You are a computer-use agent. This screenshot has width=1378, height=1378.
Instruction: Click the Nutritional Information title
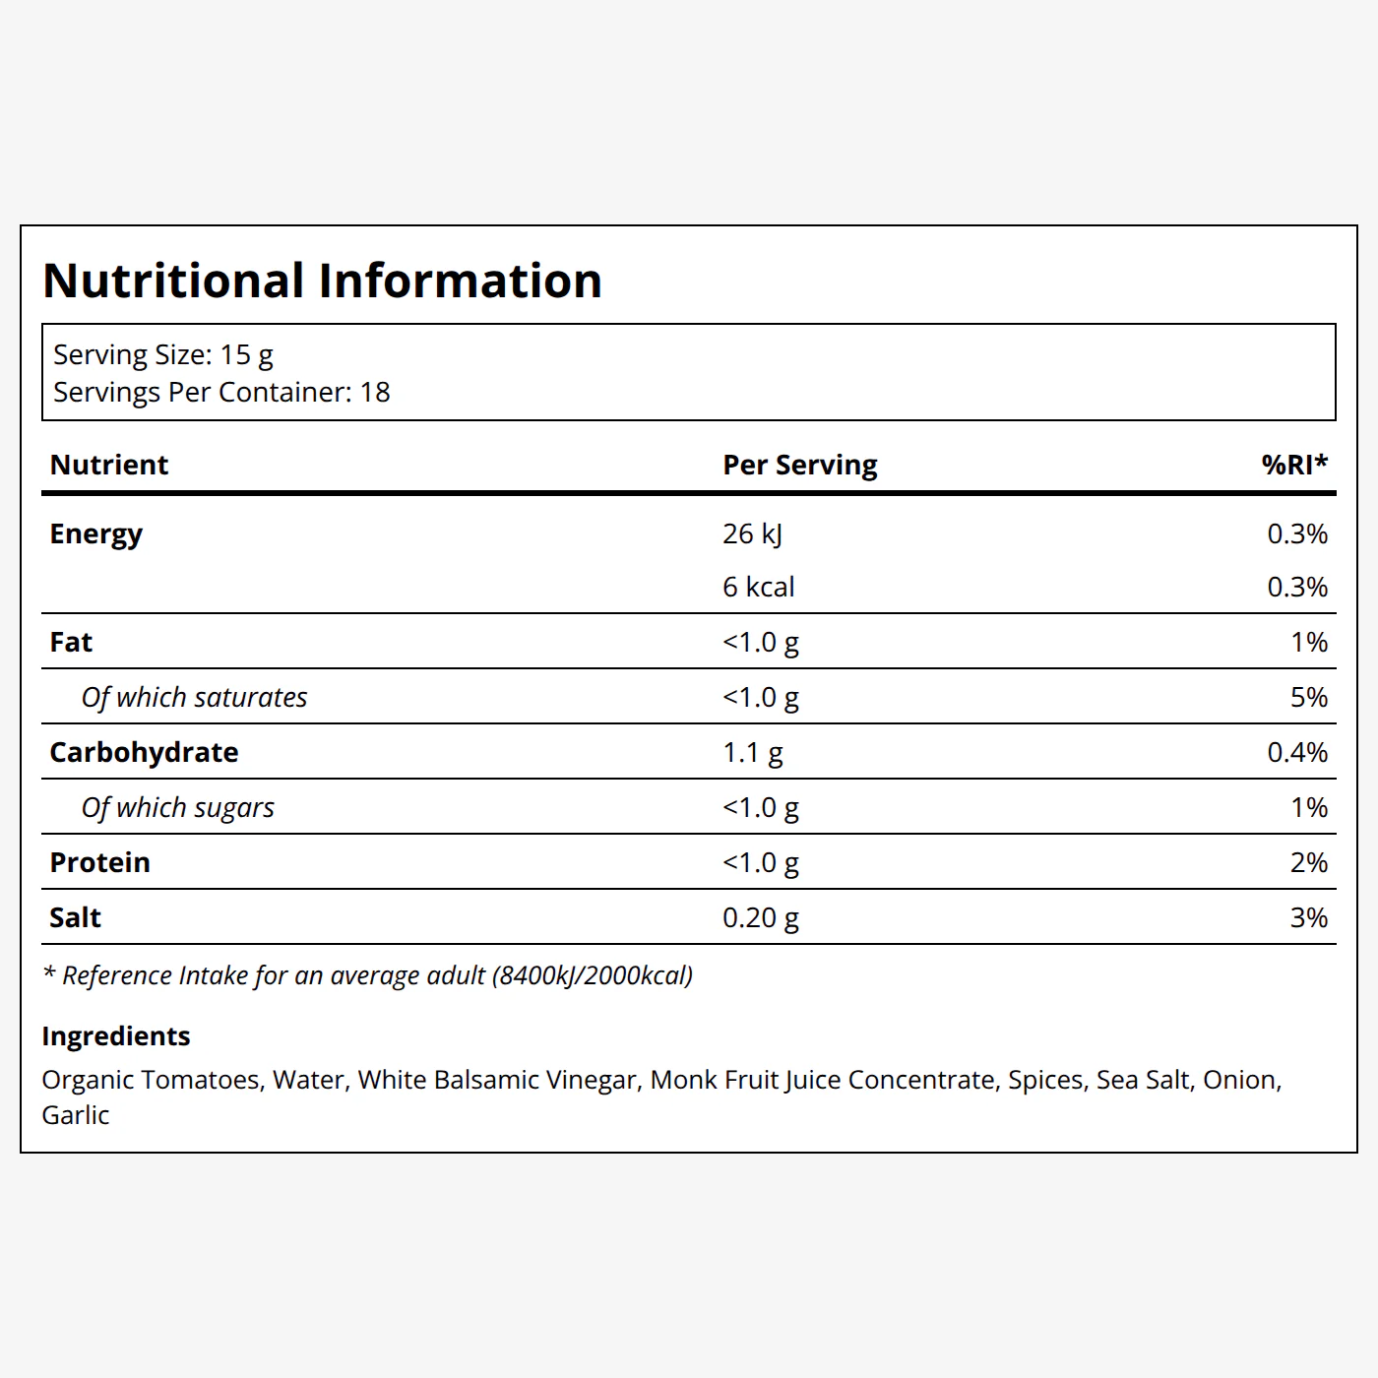(322, 280)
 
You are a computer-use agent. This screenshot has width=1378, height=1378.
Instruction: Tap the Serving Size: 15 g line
(163, 355)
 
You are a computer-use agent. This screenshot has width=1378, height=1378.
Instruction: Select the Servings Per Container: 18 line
(221, 393)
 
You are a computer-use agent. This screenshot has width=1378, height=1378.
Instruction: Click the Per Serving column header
(799, 466)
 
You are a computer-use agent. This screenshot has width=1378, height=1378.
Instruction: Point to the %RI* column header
(1294, 465)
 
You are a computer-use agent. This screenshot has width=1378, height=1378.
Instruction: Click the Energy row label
(95, 534)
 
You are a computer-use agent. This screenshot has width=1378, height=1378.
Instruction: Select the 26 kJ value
(752, 534)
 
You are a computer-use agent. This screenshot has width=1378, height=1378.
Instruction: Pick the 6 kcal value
(758, 587)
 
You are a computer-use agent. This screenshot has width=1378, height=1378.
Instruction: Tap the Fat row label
(71, 642)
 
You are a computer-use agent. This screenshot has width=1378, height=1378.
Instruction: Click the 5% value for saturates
(1309, 697)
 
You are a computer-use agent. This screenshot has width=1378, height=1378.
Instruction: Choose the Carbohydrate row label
(144, 752)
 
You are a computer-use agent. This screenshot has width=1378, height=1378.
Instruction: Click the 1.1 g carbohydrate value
(752, 753)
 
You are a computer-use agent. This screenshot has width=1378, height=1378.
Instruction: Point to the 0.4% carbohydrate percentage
(1297, 752)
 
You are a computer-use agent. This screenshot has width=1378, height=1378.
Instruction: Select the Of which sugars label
(177, 808)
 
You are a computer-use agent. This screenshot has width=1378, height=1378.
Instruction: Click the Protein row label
(99, 862)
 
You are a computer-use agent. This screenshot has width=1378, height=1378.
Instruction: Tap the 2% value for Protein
(1309, 862)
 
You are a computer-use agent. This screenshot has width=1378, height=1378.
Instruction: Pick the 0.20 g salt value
(760, 918)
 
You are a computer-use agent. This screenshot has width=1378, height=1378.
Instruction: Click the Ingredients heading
(116, 1036)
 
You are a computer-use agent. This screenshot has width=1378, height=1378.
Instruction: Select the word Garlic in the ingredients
(75, 1115)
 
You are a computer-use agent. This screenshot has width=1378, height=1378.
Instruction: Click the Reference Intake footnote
(367, 976)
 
